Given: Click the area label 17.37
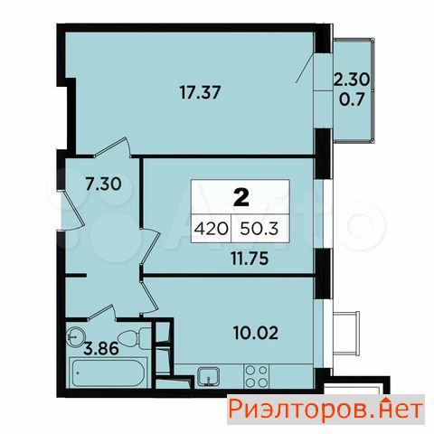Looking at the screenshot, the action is pos(200,92).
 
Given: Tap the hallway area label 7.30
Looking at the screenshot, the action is pos(103,184).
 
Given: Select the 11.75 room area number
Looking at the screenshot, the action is pos(250,259).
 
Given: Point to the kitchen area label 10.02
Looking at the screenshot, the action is pos(256,333).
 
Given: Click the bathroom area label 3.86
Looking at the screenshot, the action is pos(101,349).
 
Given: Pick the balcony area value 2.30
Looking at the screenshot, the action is pos(352,80).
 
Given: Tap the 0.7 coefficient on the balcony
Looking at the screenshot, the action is pos(352,99).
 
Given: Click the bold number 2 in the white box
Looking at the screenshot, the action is pos(241,198).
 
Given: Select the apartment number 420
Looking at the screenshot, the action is pos(211,229).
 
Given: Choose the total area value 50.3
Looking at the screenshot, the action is pos(259,229).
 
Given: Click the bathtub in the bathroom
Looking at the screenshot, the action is pos(108,373).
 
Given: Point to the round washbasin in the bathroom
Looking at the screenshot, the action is pos(75,336).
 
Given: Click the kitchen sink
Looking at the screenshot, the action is pos(208,377).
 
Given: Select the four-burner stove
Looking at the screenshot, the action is pos(256,376).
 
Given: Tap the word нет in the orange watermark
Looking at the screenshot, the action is pos(399,410).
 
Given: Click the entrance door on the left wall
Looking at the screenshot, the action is pos(71,210).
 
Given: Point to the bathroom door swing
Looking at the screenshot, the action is pos(102,312).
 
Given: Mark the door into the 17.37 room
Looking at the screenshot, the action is pos(112,147).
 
